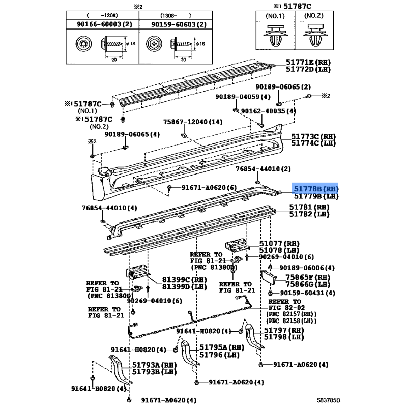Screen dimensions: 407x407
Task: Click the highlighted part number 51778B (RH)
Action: (x=315, y=188)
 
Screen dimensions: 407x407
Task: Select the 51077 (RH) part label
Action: (x=279, y=243)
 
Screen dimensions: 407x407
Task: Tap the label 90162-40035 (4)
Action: (x=268, y=111)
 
